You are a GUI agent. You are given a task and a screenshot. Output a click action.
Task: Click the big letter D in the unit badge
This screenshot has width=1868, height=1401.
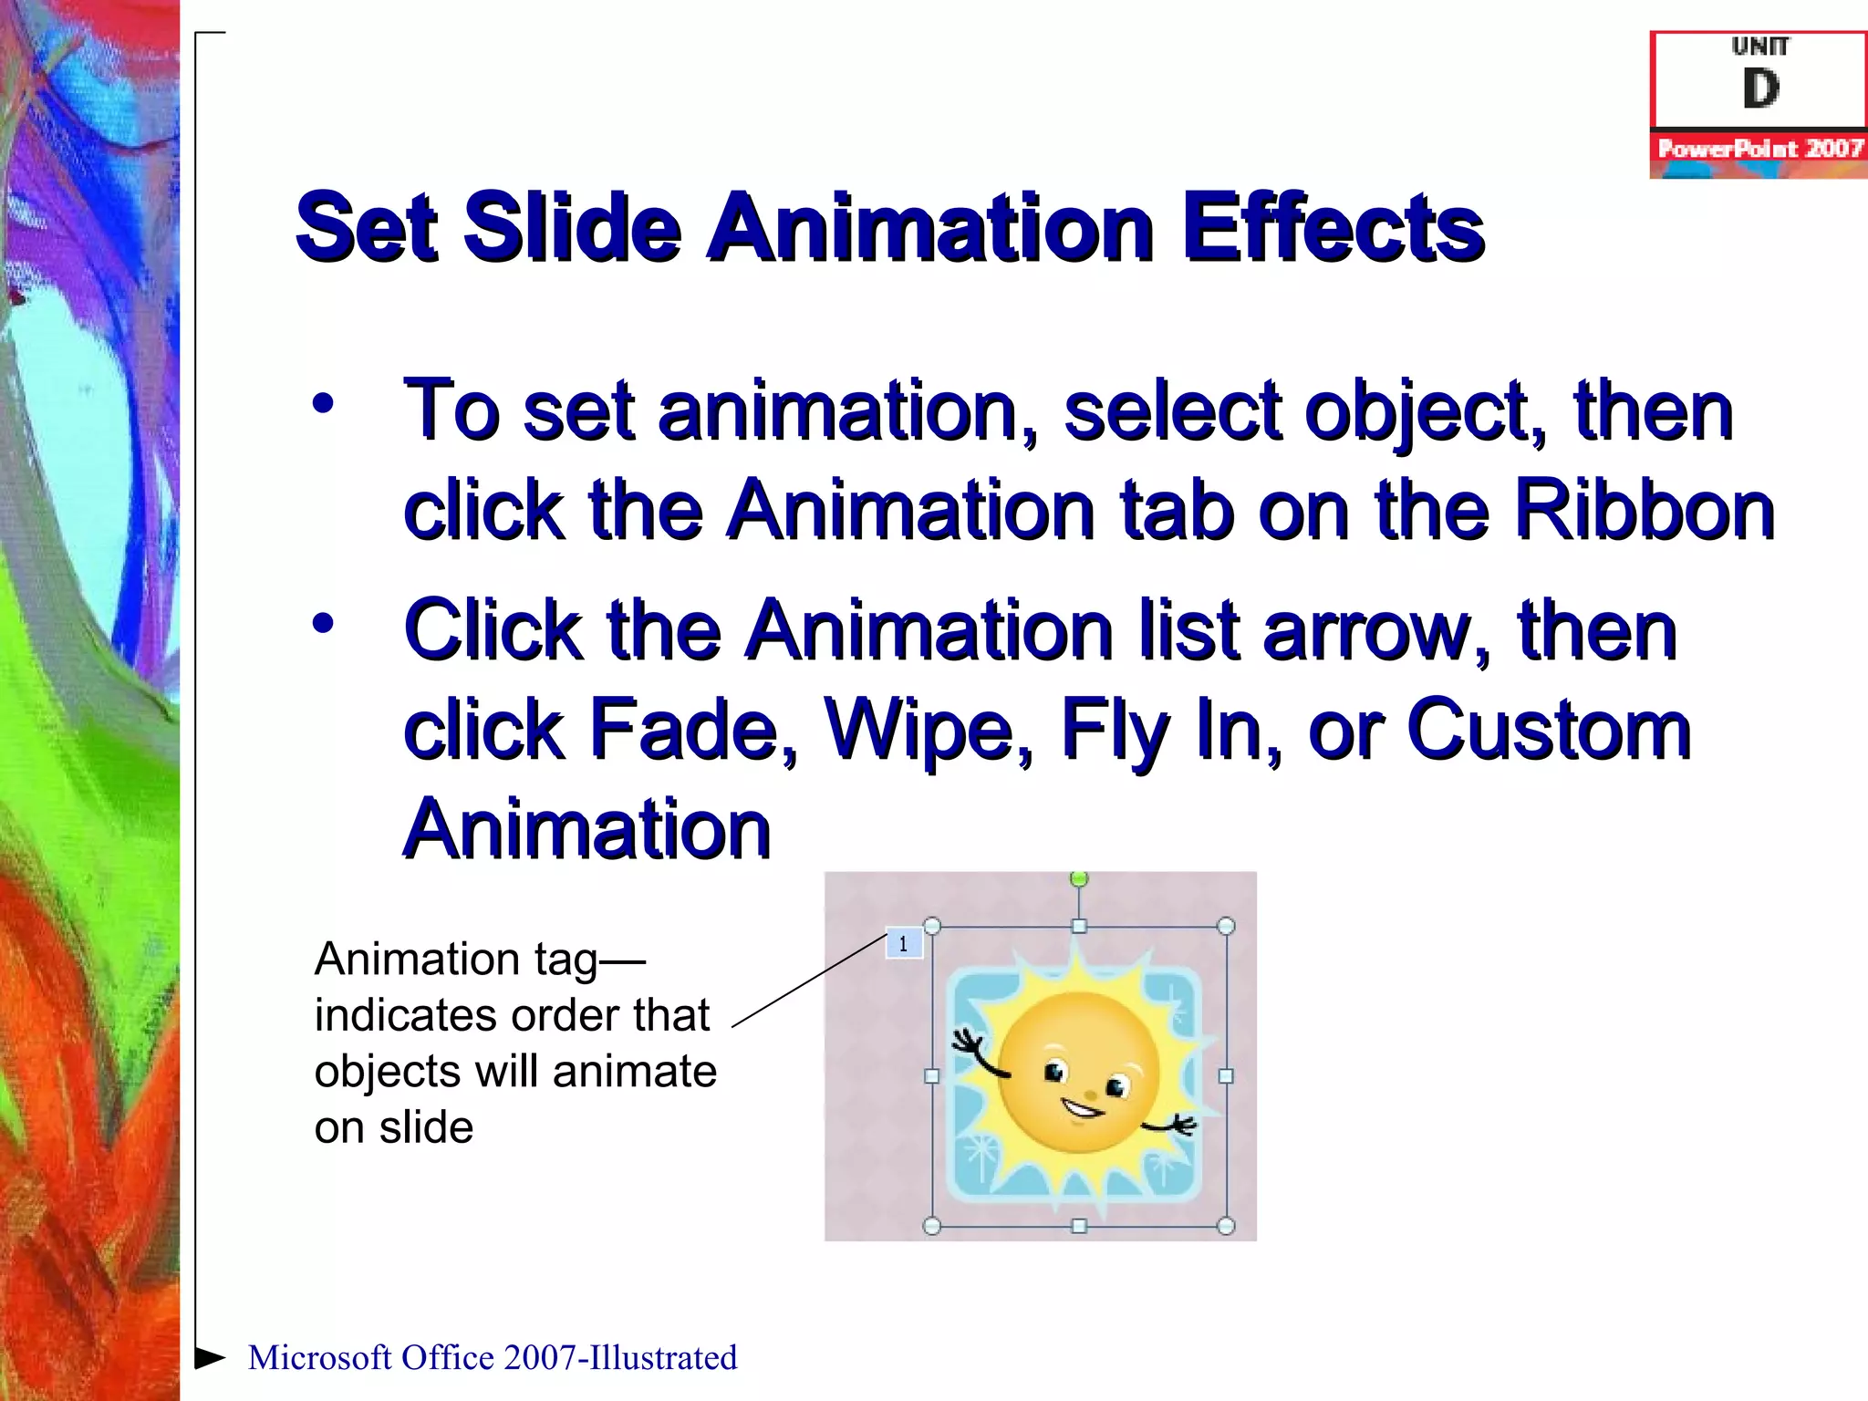click(x=1760, y=89)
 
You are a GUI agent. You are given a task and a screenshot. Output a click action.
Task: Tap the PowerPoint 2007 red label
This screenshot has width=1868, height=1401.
click(x=1759, y=149)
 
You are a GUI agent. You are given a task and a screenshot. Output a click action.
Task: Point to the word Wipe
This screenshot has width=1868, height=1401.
click(x=929, y=729)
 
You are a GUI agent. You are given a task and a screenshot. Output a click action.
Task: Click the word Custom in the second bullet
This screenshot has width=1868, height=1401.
click(x=1549, y=729)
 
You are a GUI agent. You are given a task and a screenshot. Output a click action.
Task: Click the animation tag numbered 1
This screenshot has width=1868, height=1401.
click(x=904, y=944)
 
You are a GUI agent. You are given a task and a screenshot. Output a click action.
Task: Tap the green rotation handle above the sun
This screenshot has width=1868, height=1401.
click(x=1079, y=879)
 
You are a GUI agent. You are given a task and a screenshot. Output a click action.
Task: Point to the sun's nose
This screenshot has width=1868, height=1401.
click(x=1091, y=1094)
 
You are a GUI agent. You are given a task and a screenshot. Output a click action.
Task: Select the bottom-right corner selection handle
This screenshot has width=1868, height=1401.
click(x=1226, y=1226)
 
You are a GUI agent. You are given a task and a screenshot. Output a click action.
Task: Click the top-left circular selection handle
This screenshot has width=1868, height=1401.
click(x=932, y=927)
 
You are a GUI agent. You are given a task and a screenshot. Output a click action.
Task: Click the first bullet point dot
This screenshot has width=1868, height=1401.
click(x=323, y=403)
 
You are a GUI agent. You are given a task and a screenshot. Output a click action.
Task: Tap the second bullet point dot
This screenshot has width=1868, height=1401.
click(x=323, y=624)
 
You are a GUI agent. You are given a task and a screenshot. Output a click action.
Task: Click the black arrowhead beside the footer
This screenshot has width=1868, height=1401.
click(x=211, y=1357)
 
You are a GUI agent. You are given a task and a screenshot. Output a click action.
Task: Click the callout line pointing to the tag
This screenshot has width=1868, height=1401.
click(x=810, y=981)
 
